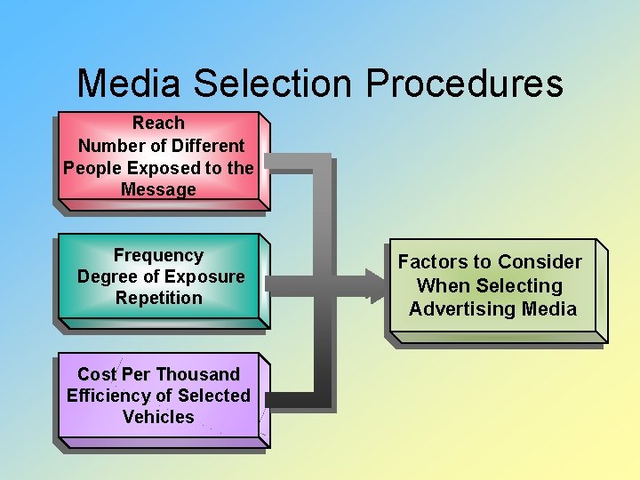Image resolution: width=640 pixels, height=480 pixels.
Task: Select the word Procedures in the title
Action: click(x=464, y=84)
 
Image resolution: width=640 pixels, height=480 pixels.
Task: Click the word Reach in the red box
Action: click(x=158, y=123)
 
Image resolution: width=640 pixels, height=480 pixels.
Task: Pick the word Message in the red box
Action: click(x=158, y=189)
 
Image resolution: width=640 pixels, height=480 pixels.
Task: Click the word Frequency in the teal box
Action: click(x=158, y=255)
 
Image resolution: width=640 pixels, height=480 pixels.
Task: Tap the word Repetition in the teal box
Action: click(x=159, y=299)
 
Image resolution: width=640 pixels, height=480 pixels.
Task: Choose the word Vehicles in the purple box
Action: click(x=158, y=417)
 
